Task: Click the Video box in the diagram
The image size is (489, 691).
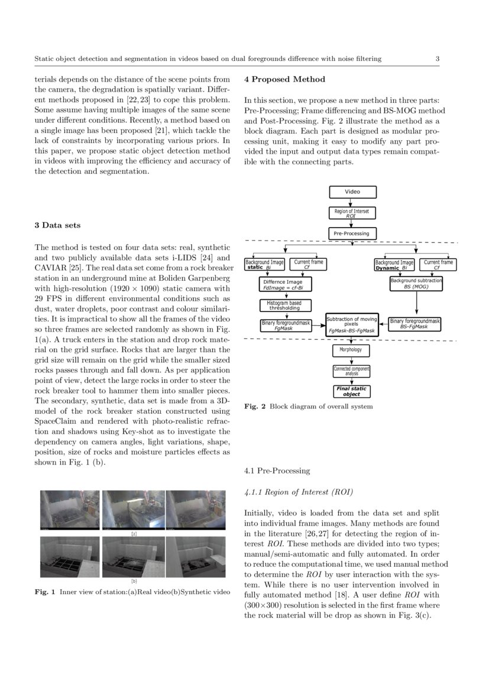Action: [x=352, y=192]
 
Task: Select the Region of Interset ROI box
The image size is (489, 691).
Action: [x=352, y=213]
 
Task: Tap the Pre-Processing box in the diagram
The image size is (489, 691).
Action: [x=352, y=233]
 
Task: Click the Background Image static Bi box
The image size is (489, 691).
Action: [x=265, y=265]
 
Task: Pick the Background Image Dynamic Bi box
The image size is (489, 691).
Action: [x=394, y=265]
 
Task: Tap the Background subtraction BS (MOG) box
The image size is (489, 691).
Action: [x=416, y=283]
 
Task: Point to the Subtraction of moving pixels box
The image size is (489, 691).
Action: [x=352, y=325]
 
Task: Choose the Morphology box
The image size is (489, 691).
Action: [x=351, y=350]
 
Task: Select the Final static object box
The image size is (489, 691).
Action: [x=351, y=391]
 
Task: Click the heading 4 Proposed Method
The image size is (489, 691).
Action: [x=284, y=79]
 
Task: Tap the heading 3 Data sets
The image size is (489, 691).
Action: [x=57, y=225]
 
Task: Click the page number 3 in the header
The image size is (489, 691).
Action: [x=437, y=59]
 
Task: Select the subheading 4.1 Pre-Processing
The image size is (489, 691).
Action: [x=277, y=471]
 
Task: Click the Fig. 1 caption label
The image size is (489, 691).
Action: [x=45, y=592]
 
